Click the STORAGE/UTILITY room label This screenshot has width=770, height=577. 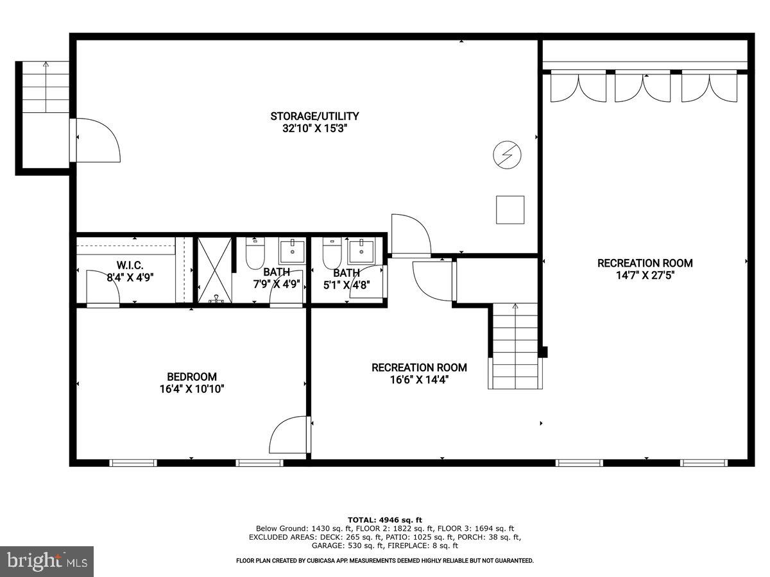coord(314,116)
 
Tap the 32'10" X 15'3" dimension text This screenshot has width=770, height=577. coord(314,128)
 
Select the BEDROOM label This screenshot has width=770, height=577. coord(192,376)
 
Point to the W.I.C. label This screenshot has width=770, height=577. coord(130,265)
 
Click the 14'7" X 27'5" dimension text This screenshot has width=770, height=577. coord(645,275)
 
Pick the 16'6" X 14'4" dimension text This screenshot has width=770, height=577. coord(419,380)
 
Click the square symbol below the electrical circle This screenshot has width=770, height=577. coord(510,210)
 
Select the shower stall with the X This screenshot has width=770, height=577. coord(214,269)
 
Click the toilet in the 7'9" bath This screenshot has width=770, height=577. coord(255,255)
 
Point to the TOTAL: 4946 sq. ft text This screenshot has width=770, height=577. coord(385,519)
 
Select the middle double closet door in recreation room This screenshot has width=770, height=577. coord(642,88)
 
